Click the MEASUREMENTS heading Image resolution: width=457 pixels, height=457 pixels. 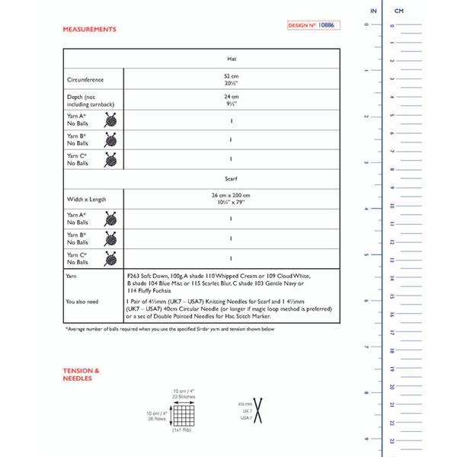click(x=90, y=29)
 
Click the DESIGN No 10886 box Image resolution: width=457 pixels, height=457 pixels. click(x=312, y=26)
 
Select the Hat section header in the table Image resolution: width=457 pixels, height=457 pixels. click(x=232, y=59)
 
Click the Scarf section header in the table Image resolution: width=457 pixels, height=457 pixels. click(x=232, y=177)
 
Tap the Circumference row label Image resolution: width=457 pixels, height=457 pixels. click(x=85, y=79)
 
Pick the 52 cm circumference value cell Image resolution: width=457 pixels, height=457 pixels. click(x=232, y=79)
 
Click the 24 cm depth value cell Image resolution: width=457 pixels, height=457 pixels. click(x=232, y=99)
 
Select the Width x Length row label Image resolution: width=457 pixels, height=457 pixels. click(x=86, y=199)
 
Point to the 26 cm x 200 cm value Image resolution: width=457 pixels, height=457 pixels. click(x=232, y=199)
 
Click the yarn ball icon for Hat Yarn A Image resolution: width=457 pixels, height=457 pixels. click(x=112, y=119)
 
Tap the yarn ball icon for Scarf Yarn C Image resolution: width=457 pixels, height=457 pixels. click(x=112, y=257)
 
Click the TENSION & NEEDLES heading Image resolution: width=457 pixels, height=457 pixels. click(x=81, y=374)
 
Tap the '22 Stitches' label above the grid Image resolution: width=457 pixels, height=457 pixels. click(x=182, y=395)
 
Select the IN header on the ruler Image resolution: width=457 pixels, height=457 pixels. click(x=372, y=11)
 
